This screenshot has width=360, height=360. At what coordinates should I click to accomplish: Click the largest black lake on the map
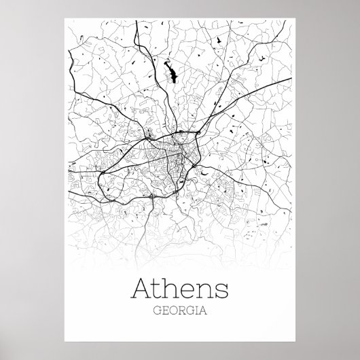[169, 70]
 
